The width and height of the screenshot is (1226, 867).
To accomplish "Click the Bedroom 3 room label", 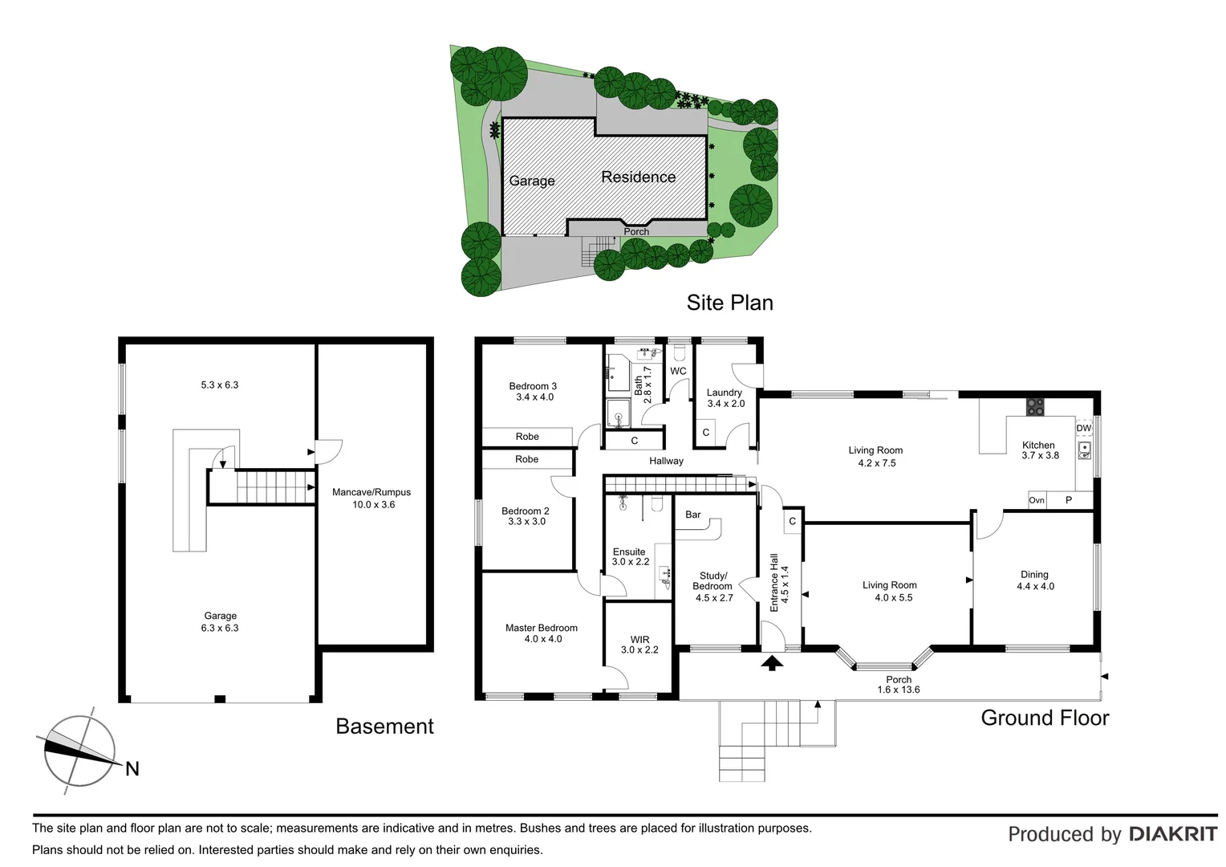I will coord(533,386).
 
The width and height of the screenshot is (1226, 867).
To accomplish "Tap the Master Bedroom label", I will coord(541,628).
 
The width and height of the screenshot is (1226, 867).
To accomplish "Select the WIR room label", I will coord(639,640).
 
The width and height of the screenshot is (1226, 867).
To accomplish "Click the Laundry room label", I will coord(724,393).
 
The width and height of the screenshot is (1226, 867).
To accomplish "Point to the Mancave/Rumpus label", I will coord(371,492).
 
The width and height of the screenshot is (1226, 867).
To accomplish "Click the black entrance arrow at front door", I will coord(772,663).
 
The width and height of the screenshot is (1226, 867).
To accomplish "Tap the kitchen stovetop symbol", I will coord(1035,407).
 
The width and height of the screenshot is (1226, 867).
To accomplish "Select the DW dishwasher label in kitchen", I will coord(1083,428).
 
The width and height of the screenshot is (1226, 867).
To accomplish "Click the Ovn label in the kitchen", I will coord(1037,500).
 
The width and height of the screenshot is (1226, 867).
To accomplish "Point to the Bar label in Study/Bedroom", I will coord(693,515).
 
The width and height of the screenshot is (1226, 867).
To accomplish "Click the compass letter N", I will coord(132,769).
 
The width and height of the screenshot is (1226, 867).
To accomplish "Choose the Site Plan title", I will coord(729,303).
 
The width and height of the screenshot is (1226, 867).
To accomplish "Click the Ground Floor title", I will coord(1045,718).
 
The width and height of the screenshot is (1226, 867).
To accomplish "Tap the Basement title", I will coord(384,727).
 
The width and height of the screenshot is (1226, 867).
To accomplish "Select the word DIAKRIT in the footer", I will coord(1172,834).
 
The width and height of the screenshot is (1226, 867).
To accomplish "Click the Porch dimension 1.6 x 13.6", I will coord(899,690).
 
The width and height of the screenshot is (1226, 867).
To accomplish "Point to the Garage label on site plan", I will coord(532,181).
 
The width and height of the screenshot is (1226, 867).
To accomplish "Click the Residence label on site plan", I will coord(639,177).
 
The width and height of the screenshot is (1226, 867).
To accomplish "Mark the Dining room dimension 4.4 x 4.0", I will coord(1035,586).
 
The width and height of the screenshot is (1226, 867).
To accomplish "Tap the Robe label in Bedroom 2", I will coord(526,459).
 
